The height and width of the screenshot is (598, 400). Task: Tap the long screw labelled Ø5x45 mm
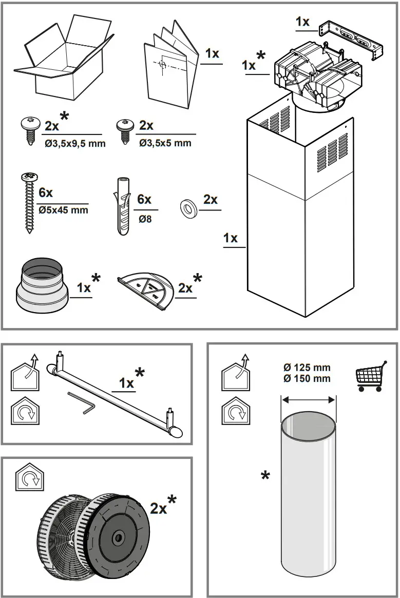tap(28, 203)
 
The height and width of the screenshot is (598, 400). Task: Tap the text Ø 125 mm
tap(307, 368)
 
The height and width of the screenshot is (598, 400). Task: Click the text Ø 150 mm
tap(307, 379)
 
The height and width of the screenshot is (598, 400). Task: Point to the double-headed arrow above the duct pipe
tap(308, 399)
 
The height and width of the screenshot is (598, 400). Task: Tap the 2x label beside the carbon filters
tap(159, 508)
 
